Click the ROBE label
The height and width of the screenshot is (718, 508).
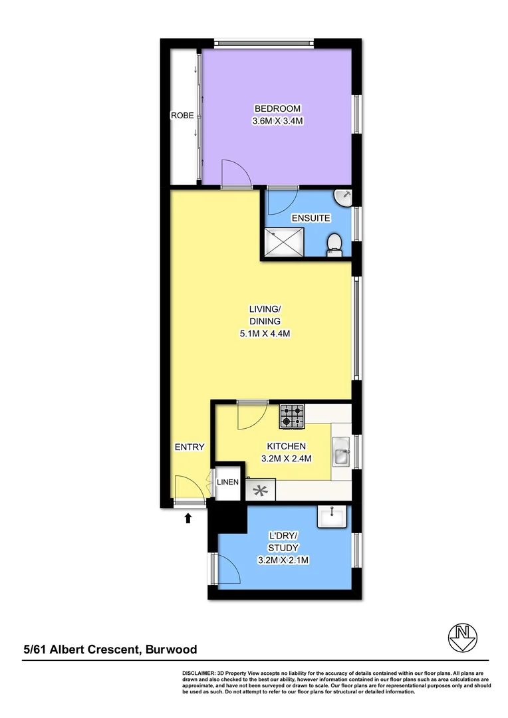click(182, 116)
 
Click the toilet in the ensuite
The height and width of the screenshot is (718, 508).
click(335, 244)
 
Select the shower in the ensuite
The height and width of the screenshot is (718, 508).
click(284, 241)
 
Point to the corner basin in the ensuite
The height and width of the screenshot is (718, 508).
click(343, 197)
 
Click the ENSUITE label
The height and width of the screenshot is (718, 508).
click(305, 218)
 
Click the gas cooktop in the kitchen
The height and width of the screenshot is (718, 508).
click(292, 416)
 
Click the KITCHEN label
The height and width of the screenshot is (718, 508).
click(286, 446)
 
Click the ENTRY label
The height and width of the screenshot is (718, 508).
click(190, 447)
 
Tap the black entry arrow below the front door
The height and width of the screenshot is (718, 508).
click(188, 517)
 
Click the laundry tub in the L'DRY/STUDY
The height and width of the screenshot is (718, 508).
click(332, 517)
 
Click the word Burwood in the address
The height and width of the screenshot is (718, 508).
click(171, 650)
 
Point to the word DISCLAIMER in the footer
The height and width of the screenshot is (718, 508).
click(198, 673)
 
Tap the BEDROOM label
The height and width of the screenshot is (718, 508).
click(277, 109)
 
